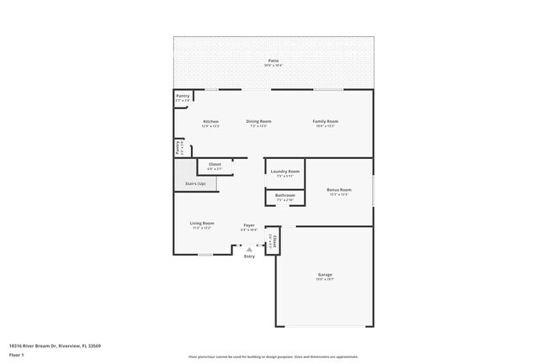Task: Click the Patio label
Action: coord(273,61)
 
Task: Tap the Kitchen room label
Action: coord(210,121)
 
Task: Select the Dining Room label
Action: coord(258,121)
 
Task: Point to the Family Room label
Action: coord(325,121)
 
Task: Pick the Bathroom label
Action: coord(284,195)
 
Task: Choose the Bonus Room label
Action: coord(337,190)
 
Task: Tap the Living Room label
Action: coord(201,223)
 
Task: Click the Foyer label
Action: coord(249,225)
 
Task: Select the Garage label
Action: coord(325,275)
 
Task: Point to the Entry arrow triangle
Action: coord(249,249)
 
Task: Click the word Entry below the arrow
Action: coord(249,256)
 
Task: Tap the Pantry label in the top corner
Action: coord(183,96)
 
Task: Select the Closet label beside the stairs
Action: coord(215,164)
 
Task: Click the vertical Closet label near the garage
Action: coord(273,242)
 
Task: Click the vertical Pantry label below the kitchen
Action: coord(178,148)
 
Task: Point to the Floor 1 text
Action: coord(17,355)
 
